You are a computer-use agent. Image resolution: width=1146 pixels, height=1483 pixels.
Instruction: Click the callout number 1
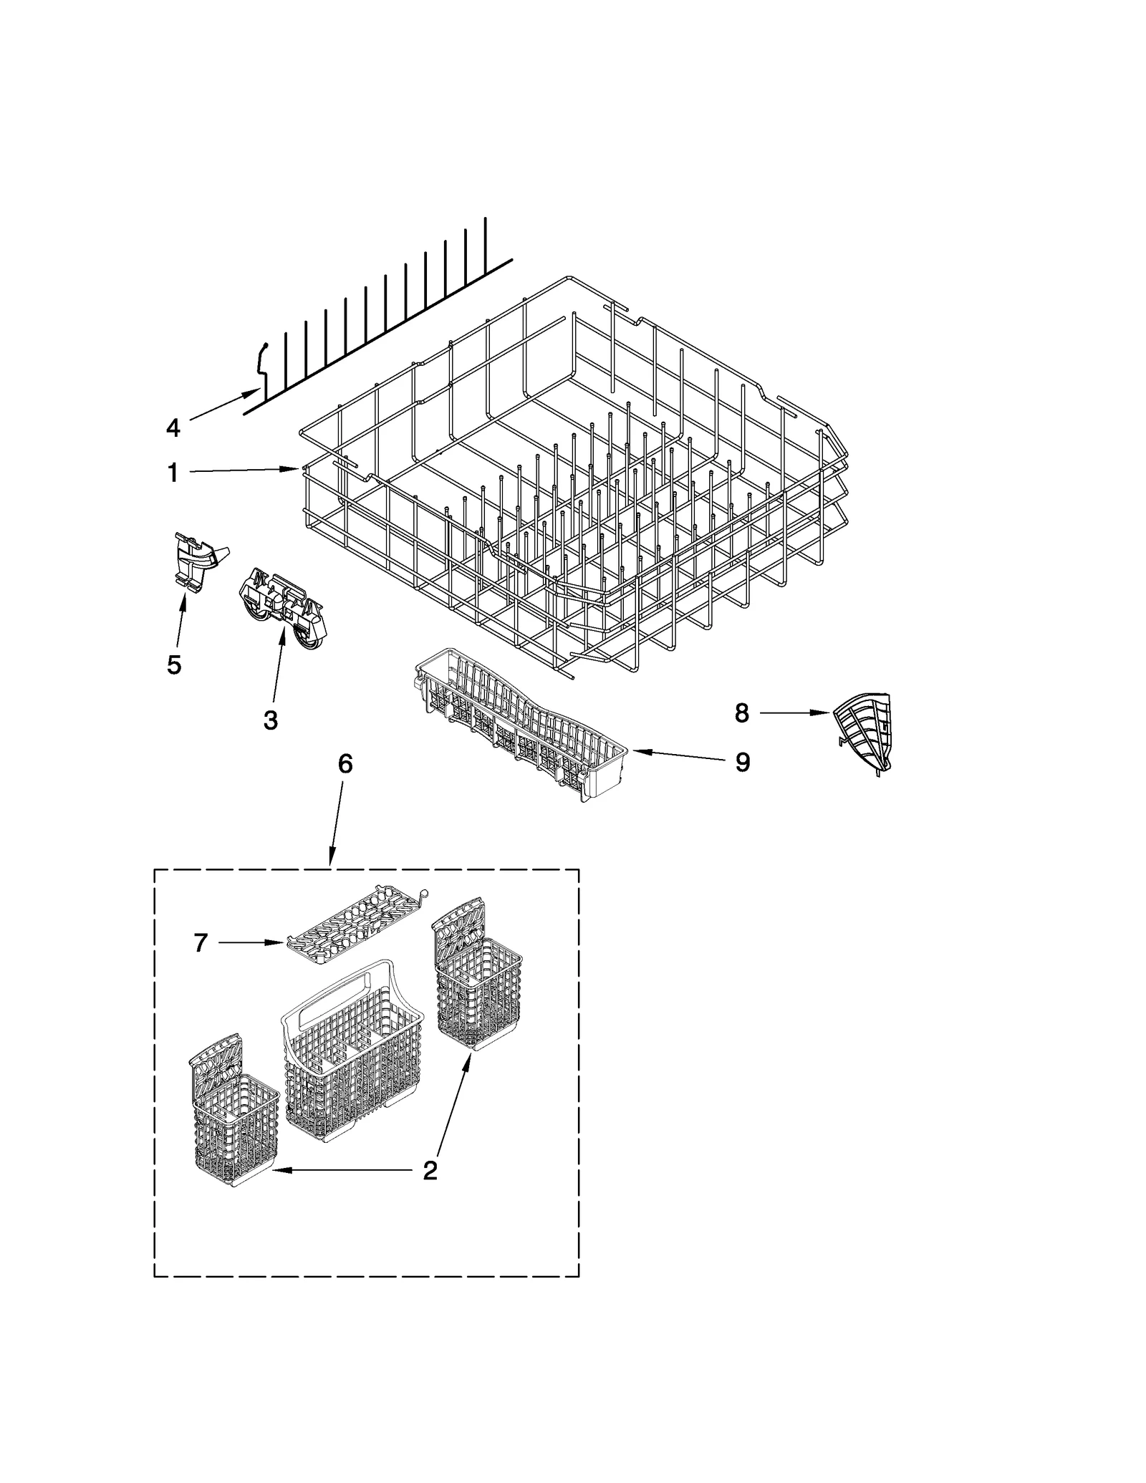click(173, 473)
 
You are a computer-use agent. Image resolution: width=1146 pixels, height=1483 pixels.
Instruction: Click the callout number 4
click(173, 427)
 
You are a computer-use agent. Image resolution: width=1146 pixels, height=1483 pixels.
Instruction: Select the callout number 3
click(270, 720)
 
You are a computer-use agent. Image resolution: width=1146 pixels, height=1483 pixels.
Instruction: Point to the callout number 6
click(345, 764)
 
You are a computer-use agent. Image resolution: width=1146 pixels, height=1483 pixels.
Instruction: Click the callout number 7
click(201, 943)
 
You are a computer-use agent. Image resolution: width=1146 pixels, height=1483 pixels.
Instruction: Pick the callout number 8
click(742, 712)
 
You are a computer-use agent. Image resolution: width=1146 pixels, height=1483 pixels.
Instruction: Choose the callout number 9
click(743, 763)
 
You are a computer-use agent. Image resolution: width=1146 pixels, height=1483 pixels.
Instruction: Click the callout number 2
click(430, 1171)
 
